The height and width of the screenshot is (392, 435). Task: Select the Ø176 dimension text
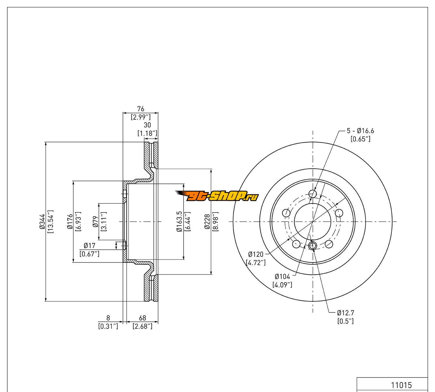69,222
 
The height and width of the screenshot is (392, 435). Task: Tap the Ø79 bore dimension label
95,222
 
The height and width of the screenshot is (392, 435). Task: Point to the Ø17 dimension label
89,246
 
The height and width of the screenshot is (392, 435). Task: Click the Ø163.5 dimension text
179,222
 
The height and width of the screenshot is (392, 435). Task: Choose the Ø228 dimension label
207,222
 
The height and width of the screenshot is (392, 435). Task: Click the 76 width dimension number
141,109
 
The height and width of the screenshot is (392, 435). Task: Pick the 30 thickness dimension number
147,125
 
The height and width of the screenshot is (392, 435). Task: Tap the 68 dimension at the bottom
142,318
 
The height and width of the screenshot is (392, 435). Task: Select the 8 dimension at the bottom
108,318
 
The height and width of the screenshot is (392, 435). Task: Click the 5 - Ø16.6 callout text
360,131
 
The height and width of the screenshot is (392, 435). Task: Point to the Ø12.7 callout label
345,313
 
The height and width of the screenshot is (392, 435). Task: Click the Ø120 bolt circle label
255,254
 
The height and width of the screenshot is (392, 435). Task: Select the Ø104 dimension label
282,276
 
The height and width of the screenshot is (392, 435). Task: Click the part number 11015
401,385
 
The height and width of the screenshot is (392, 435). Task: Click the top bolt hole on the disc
312,194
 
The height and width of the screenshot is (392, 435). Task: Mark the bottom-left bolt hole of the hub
296,244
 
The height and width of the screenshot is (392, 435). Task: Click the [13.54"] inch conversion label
50,222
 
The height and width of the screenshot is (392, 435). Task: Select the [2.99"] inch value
141,117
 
